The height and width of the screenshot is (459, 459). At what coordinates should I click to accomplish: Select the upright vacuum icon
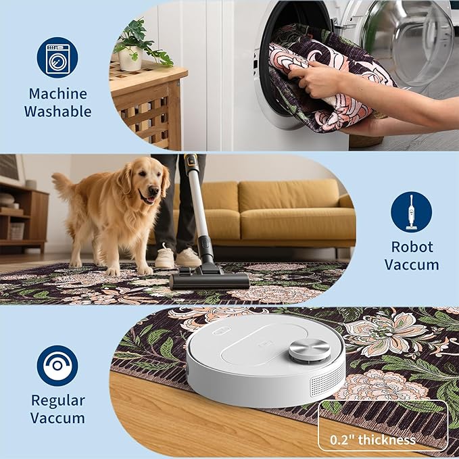coord(411,212)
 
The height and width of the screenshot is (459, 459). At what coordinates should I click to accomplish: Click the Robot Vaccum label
coord(412,255)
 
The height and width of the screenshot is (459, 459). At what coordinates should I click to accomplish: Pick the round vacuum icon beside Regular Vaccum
coord(57,366)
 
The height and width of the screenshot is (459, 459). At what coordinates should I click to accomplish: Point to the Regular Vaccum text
coord(57,409)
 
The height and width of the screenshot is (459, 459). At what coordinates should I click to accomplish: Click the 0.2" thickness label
coord(372,440)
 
